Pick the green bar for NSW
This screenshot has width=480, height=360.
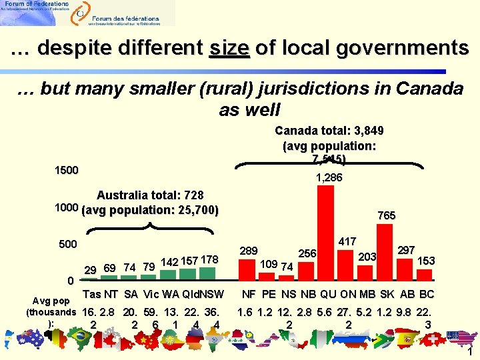209,274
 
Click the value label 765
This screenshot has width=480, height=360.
387,215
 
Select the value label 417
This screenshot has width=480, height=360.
347,241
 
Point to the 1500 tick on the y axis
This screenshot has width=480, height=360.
67,170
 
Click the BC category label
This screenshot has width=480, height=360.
427,295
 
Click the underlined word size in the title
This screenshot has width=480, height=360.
229,49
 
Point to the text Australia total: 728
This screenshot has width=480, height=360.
150,196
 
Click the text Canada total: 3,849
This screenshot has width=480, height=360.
329,131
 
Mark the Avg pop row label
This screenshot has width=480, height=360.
51,301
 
